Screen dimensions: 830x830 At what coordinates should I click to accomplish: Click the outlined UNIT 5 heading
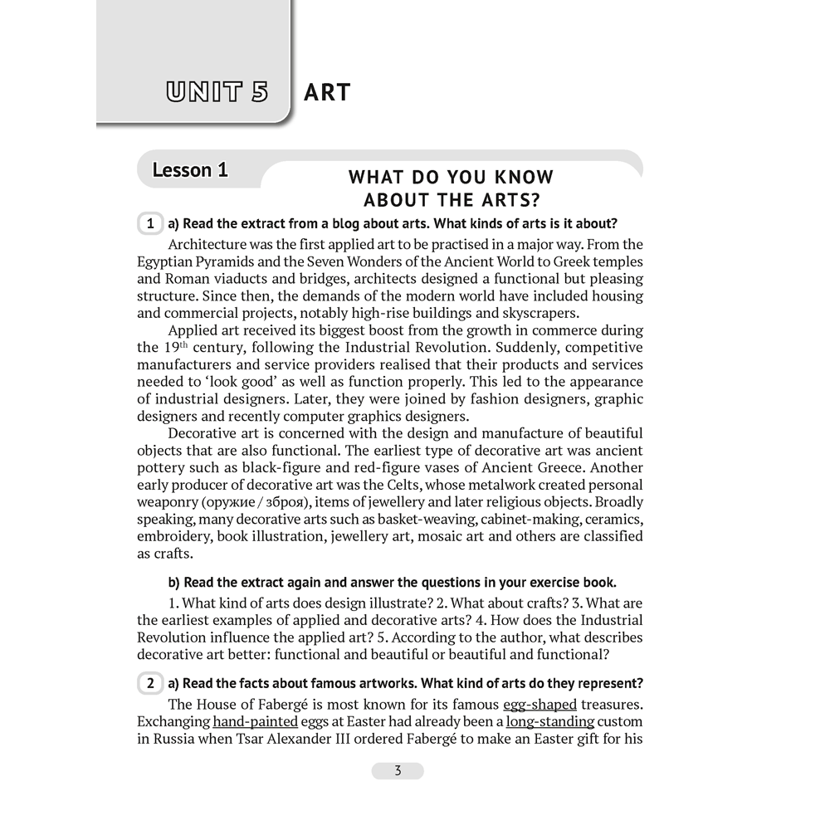tap(217, 91)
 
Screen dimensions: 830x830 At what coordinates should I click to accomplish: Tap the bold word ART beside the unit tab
tap(328, 92)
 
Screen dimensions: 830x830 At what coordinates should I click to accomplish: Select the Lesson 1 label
tap(190, 170)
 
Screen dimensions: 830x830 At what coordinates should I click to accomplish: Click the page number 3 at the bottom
tap(398, 770)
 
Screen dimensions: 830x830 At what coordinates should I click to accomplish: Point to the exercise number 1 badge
tap(150, 224)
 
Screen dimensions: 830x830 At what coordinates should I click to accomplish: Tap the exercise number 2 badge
tap(150, 684)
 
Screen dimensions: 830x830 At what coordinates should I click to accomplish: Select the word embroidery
tap(175, 536)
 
